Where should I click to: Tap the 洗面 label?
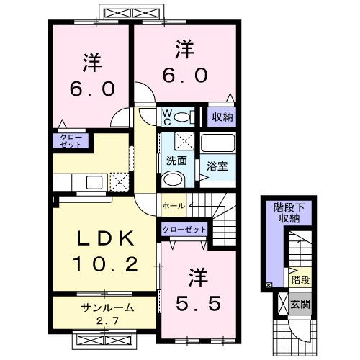pyautogui.click(x=176, y=160)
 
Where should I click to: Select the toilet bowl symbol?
pyautogui.click(x=184, y=117)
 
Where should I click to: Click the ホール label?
pyautogui.click(x=174, y=206)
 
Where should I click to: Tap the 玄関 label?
pyautogui.click(x=302, y=304)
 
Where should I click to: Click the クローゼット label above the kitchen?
pyautogui.click(x=69, y=140)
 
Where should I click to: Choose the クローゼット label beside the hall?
pyautogui.click(x=184, y=230)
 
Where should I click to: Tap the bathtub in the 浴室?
pyautogui.click(x=218, y=143)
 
